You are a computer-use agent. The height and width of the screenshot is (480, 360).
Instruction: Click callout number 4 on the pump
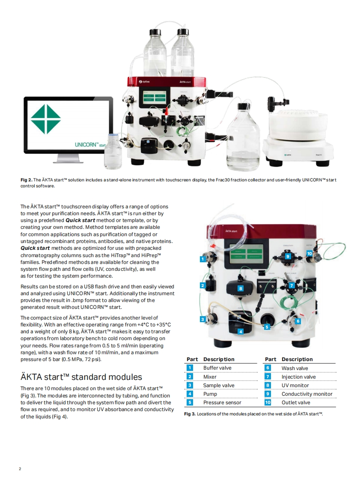241,332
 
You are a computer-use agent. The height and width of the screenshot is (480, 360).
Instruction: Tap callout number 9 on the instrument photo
288,256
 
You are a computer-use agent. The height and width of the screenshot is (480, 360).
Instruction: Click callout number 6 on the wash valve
298,321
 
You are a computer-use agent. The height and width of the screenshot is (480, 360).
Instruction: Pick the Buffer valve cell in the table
217,368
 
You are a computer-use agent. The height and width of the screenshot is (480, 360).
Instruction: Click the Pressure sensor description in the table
222,403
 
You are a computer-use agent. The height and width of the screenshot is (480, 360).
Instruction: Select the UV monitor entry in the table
295,385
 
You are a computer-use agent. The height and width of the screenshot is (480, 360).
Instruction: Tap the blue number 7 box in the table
268,377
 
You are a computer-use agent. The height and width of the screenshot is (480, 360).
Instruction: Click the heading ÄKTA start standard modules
81,377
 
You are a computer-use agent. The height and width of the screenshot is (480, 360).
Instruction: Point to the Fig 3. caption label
189,414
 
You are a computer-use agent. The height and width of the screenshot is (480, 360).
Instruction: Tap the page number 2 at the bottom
20,469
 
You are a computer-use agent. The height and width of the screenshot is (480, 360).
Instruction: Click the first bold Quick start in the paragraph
80,220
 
